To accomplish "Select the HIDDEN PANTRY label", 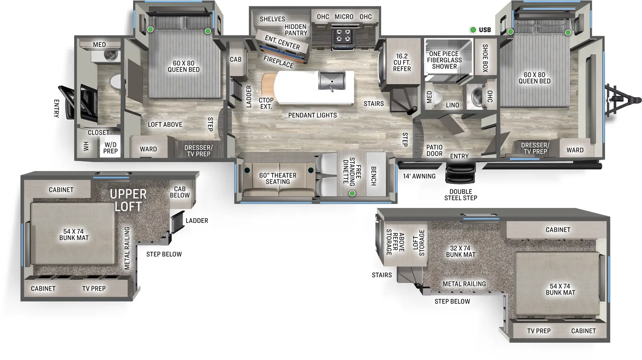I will point(296,30).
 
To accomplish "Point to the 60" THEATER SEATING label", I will point(278,179).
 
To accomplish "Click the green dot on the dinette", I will point(352,193).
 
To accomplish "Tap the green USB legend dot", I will point(473,30).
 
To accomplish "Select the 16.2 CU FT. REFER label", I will point(402,63).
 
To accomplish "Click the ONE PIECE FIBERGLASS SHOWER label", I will point(444,60).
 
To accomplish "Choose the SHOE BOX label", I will point(485,58).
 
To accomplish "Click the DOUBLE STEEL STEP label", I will point(461,195).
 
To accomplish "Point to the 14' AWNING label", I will point(419,176).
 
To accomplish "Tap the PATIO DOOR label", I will point(434,151).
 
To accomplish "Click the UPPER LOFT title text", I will point(128,200).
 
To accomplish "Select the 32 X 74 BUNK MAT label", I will point(460,251).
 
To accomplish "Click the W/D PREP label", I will point(110,148).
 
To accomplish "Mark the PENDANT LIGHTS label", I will point(312,115).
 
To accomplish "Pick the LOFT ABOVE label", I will point(165,124).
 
